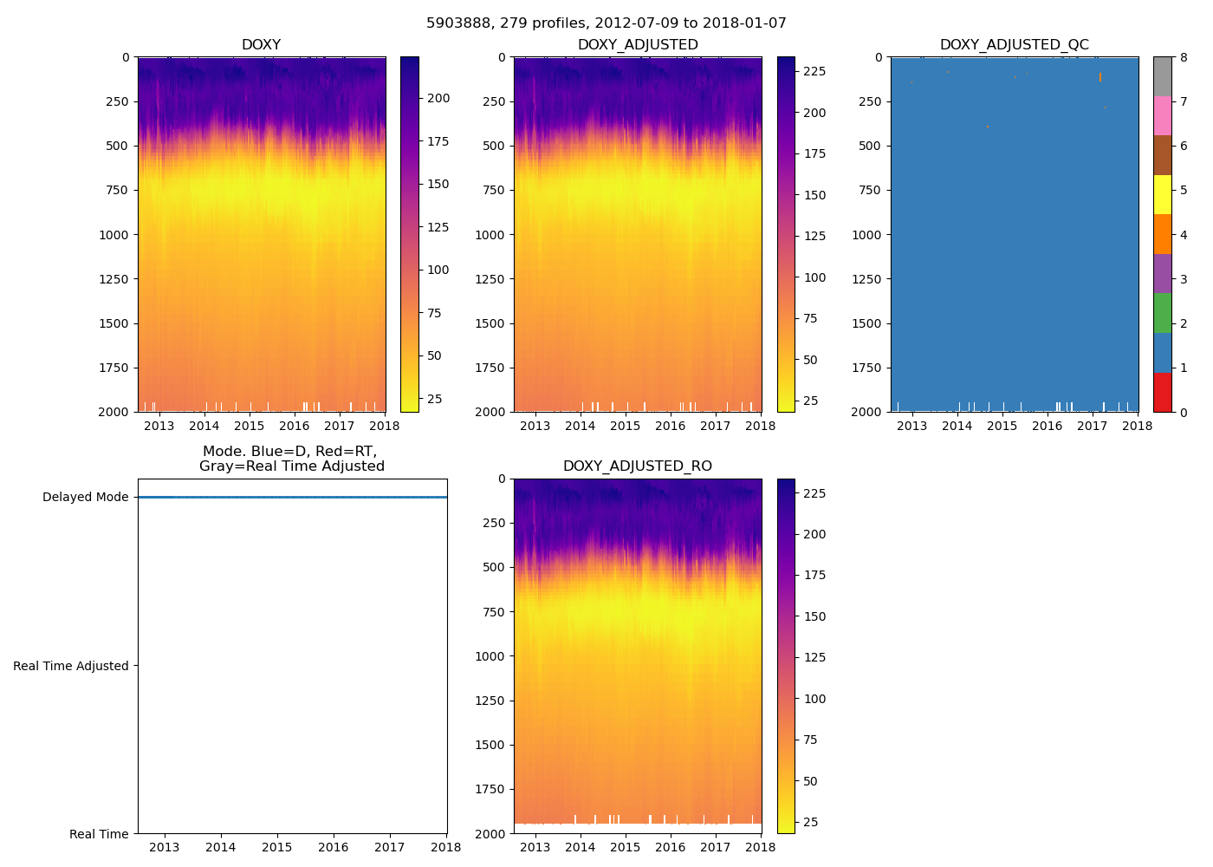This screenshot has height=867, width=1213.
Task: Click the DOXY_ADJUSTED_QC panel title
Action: (x=1014, y=44)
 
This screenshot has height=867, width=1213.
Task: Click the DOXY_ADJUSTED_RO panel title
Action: (x=637, y=466)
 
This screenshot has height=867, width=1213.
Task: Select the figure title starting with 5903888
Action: (x=606, y=23)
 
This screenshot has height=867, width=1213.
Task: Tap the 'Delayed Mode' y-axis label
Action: (x=85, y=497)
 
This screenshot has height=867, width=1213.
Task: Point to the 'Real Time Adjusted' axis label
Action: (x=71, y=666)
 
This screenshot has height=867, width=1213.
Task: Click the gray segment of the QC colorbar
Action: (x=1162, y=76)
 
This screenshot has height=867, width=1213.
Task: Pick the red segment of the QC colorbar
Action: (x=1162, y=392)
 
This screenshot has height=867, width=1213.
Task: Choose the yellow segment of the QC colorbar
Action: (x=1162, y=194)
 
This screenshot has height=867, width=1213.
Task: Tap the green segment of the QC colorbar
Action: (x=1162, y=313)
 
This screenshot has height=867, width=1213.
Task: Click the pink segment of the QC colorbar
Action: (x=1162, y=115)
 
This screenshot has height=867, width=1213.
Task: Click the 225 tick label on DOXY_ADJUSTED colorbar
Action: (x=814, y=71)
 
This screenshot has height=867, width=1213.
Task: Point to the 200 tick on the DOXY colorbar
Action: (x=438, y=98)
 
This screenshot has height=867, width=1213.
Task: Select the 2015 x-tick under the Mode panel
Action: (x=277, y=847)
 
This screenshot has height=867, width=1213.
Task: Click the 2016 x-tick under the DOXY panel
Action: (x=295, y=425)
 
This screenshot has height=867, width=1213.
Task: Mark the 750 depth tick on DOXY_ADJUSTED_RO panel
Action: (x=493, y=612)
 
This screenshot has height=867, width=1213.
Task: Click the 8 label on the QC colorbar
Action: (x=1184, y=57)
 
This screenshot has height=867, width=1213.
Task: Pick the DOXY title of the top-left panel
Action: (x=261, y=44)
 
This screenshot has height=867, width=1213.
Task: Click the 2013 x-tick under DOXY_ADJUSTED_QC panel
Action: (x=911, y=425)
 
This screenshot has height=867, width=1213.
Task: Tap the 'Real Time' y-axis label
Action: (x=99, y=834)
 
